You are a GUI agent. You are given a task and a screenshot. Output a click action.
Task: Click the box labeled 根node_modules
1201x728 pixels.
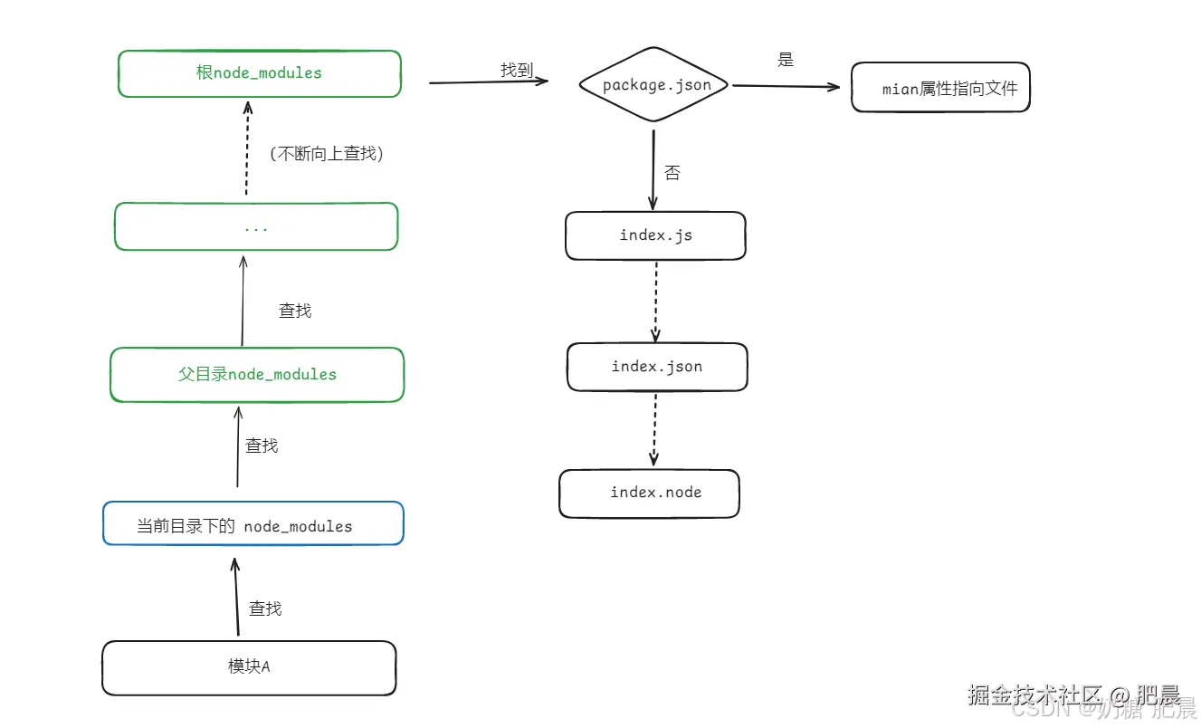pyautogui.click(x=259, y=73)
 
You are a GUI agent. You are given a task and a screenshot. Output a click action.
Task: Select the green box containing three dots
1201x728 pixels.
pyautogui.click(x=256, y=226)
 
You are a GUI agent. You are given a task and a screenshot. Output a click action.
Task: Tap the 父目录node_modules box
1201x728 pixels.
pyautogui.click(x=257, y=374)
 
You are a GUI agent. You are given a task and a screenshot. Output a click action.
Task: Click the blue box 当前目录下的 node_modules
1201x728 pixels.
pyautogui.click(x=253, y=524)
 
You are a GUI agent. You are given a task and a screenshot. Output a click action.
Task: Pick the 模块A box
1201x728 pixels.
pyautogui.click(x=249, y=667)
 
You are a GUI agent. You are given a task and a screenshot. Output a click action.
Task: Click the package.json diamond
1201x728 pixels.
pyautogui.click(x=656, y=85)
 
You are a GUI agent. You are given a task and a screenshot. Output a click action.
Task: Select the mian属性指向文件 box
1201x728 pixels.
pyautogui.click(x=940, y=88)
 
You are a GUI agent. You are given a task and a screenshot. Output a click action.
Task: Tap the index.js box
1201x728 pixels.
pyautogui.click(x=655, y=235)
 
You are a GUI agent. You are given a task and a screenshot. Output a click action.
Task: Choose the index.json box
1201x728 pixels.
pyautogui.click(x=657, y=367)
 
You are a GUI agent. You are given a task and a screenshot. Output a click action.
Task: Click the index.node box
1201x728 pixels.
pyautogui.click(x=650, y=493)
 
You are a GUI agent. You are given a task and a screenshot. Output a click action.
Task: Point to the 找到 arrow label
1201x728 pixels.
pyautogui.click(x=517, y=70)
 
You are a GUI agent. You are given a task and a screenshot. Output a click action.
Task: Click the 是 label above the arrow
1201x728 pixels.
pyautogui.click(x=785, y=61)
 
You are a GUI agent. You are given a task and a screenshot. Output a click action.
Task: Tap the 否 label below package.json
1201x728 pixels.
pyautogui.click(x=672, y=173)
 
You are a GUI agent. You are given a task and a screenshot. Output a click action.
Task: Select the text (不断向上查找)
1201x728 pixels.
pyautogui.click(x=327, y=154)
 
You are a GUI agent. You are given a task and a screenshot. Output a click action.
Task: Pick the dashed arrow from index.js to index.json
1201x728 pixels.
pyautogui.click(x=655, y=301)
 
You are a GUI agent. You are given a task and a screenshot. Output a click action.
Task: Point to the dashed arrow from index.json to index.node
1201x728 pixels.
pyautogui.click(x=654, y=429)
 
